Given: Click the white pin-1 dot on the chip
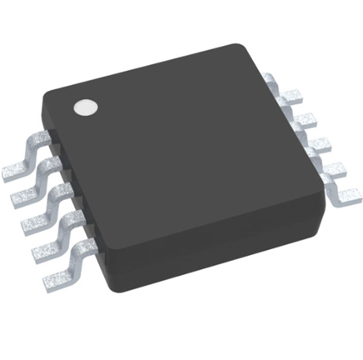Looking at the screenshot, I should click(x=85, y=107).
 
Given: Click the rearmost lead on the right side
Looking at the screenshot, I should click(x=277, y=83).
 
